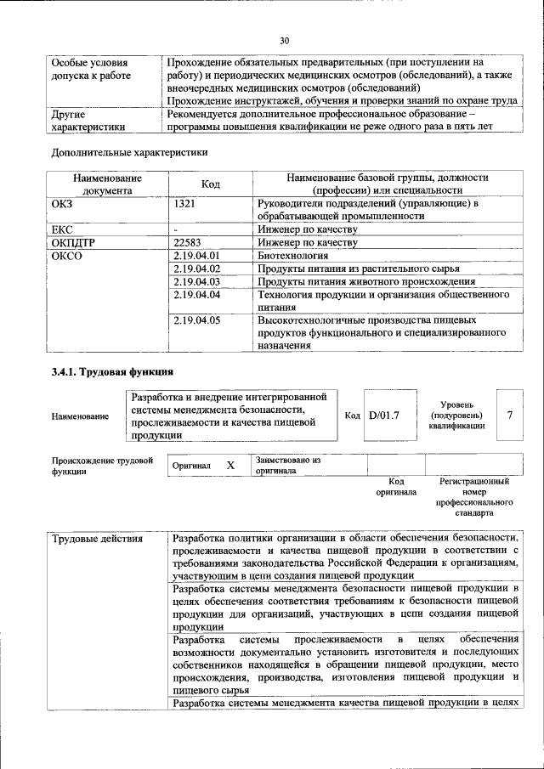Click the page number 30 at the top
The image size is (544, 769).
(285, 40)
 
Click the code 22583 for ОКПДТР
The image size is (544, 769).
(189, 242)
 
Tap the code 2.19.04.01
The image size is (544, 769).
(196, 255)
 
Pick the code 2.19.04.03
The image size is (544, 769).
(196, 281)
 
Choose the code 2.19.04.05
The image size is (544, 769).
(196, 321)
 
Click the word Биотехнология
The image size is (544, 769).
(293, 255)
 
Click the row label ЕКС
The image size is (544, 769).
(63, 229)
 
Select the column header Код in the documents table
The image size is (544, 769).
(211, 184)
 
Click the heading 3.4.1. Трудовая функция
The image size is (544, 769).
(112, 371)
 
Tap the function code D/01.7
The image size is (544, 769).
(383, 415)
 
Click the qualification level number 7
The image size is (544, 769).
(509, 415)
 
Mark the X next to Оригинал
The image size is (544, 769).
(229, 466)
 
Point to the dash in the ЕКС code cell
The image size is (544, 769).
(175, 229)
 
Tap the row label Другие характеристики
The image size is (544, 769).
(88, 120)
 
